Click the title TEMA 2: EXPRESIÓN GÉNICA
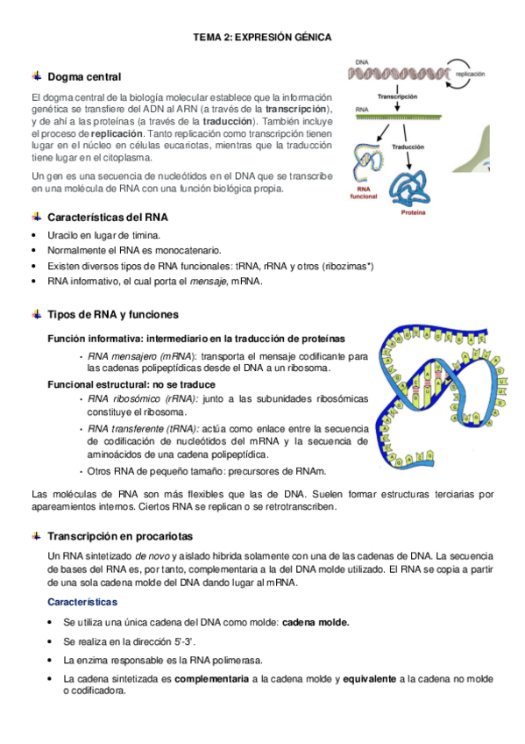pos(262,37)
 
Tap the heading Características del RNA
pos(108,217)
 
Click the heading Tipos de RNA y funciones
pos(113,314)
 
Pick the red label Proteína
pos(414,213)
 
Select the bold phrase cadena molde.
pos(315,622)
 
